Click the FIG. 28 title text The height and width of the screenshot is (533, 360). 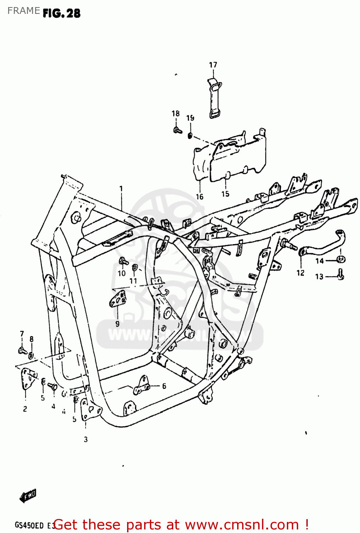(x=61, y=14)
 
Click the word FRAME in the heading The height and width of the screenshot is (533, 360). (x=23, y=11)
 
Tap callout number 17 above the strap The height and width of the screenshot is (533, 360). (x=213, y=65)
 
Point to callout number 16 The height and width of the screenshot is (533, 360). (x=200, y=196)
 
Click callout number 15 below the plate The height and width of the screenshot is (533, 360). (x=225, y=194)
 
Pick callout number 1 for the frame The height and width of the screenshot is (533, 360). (x=121, y=188)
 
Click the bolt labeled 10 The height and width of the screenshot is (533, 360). (x=123, y=262)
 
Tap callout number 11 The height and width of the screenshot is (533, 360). (x=133, y=281)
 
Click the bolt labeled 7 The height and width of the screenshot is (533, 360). (x=22, y=350)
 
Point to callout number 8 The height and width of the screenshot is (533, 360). (x=32, y=339)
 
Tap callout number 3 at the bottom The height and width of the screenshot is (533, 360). (x=86, y=439)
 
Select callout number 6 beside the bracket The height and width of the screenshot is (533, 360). (x=164, y=386)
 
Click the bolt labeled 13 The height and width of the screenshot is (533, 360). (x=340, y=275)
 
